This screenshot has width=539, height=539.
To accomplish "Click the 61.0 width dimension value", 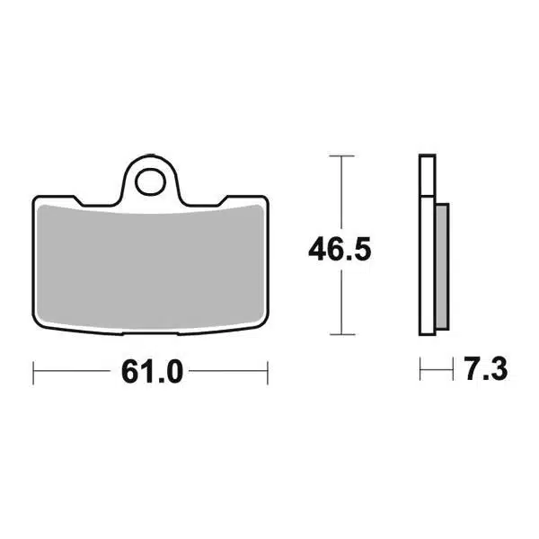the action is tap(153, 372).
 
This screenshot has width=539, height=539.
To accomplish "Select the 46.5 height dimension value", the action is tap(340, 249).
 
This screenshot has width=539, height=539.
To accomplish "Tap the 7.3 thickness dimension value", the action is tap(485, 369).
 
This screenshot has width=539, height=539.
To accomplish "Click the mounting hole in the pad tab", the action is tap(150, 181).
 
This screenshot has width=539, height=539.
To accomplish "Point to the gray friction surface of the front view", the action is tap(151, 268).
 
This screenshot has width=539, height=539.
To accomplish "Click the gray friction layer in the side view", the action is tap(442, 267).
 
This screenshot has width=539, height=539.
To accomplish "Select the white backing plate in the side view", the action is tap(428, 244).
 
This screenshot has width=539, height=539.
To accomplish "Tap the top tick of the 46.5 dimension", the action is tap(341, 156).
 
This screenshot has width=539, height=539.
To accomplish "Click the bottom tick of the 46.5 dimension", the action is tap(341, 334).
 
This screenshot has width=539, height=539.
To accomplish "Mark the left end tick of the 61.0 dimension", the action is tap(33, 373).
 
